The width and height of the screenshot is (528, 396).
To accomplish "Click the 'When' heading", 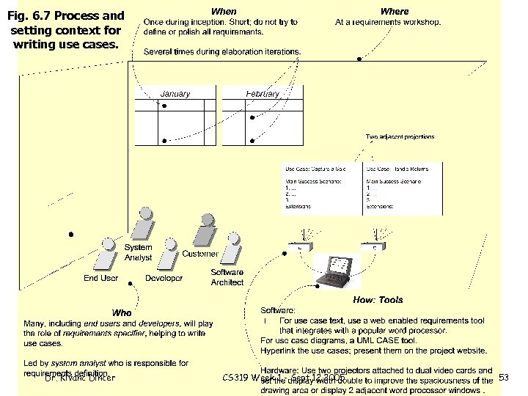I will [224, 11].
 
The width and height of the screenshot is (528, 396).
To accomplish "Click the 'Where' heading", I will [395, 11].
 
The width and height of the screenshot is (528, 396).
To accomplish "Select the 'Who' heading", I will [121, 313].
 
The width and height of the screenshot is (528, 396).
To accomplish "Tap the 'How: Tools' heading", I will [378, 300].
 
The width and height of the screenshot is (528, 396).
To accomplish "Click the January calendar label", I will [175, 94].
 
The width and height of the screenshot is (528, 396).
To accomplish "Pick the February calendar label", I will [262, 94].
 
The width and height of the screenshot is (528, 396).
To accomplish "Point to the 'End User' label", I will [100, 279].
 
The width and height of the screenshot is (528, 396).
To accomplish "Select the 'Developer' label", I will [164, 279].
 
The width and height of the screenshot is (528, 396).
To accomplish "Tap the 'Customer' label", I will [199, 254].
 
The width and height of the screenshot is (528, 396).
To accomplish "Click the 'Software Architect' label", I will [227, 277].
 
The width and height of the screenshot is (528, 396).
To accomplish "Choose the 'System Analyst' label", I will [138, 253].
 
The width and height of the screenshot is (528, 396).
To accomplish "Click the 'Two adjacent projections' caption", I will [400, 136].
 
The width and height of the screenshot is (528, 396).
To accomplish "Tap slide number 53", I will [503, 378].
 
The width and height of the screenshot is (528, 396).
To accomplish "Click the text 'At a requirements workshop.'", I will [388, 23].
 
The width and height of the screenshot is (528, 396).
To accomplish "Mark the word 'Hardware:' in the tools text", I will [279, 371].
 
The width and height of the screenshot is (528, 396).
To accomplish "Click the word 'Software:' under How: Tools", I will [278, 311].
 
